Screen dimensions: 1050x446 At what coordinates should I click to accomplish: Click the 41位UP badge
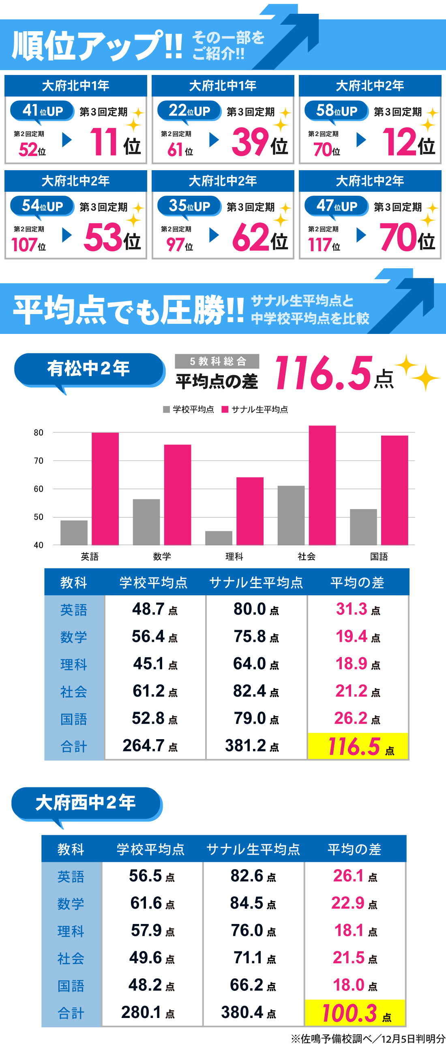click(x=43, y=111)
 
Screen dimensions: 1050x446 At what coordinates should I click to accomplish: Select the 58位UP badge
click(x=337, y=111)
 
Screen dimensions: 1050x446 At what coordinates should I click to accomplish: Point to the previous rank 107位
click(x=28, y=245)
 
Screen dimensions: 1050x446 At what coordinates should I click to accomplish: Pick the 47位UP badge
click(x=337, y=206)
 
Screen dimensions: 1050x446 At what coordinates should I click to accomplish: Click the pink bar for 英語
click(x=105, y=488)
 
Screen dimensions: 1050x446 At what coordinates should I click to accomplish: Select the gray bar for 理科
click(x=219, y=538)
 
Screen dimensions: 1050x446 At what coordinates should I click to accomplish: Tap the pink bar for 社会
click(x=322, y=485)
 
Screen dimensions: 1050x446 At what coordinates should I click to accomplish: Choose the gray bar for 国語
click(x=363, y=527)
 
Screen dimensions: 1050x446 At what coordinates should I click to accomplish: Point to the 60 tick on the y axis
click(x=39, y=489)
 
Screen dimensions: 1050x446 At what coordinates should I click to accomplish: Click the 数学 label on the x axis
click(x=162, y=556)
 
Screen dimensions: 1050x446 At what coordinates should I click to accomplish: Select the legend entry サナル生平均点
click(x=255, y=409)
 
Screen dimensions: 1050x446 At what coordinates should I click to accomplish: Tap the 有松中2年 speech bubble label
click(x=89, y=369)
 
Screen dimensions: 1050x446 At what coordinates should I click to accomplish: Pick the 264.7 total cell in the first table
click(x=150, y=746)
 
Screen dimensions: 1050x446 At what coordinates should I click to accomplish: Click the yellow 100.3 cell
click(x=356, y=1012)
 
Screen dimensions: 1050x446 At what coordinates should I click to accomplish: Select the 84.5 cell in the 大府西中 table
click(x=253, y=903)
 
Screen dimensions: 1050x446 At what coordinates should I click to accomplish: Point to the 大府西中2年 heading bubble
click(x=86, y=802)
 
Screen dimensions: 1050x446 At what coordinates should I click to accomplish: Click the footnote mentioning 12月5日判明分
click(x=368, y=1038)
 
